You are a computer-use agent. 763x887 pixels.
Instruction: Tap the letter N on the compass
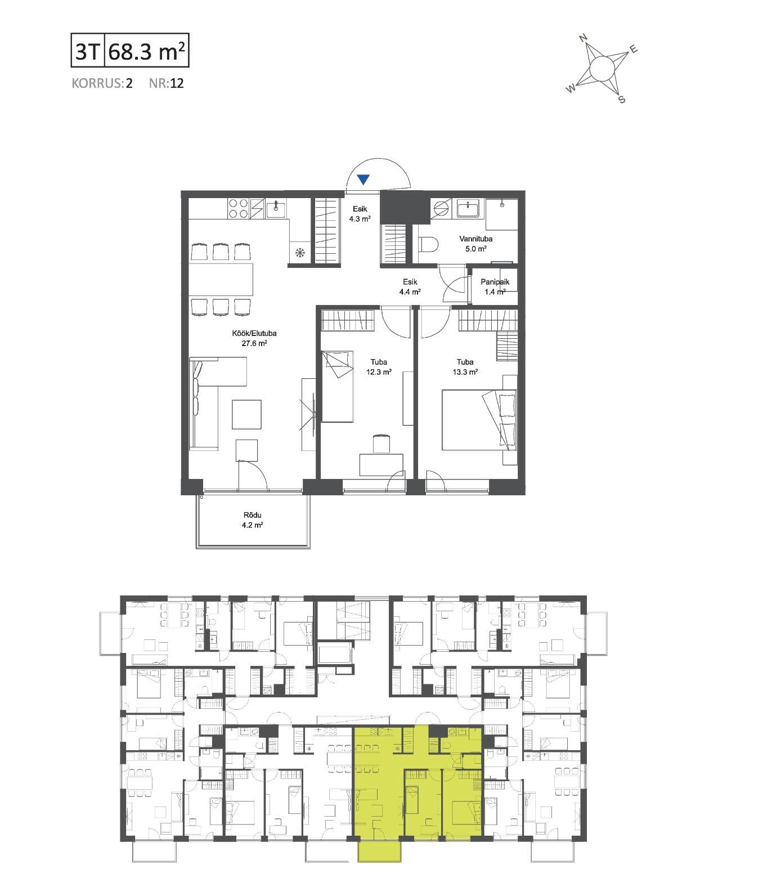pyautogui.click(x=583, y=38)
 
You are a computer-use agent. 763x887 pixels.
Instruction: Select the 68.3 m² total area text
pyautogui.click(x=147, y=51)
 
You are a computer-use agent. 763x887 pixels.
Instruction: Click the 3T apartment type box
pyautogui.click(x=88, y=50)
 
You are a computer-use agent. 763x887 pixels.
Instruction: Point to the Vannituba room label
pyautogui.click(x=475, y=239)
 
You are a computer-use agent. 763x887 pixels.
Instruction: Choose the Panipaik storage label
pyautogui.click(x=495, y=282)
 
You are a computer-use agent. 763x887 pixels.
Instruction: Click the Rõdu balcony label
pyautogui.click(x=252, y=515)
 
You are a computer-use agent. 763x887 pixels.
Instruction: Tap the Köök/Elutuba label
pyautogui.click(x=254, y=333)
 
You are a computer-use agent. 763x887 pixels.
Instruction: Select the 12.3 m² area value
pyautogui.click(x=379, y=372)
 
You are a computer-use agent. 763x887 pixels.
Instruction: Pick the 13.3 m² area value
pyautogui.click(x=465, y=372)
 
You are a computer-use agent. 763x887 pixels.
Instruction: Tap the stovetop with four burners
pyautogui.click(x=238, y=208)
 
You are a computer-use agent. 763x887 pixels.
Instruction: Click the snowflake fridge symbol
pyautogui.click(x=299, y=253)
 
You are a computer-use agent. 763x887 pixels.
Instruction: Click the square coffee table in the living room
pyautogui.click(x=247, y=414)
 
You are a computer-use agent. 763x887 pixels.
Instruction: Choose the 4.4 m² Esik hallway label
pyautogui.click(x=410, y=286)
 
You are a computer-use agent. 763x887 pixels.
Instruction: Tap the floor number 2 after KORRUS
pyautogui.click(x=129, y=83)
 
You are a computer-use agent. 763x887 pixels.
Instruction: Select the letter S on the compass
pyautogui.click(x=622, y=100)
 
